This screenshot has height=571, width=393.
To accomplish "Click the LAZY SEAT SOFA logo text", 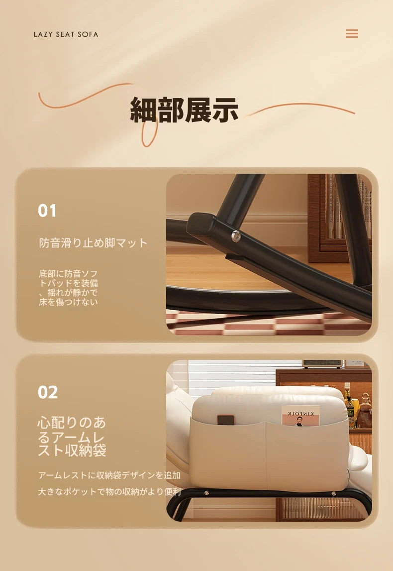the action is (x=66, y=34).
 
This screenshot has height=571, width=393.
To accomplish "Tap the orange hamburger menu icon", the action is (x=352, y=33).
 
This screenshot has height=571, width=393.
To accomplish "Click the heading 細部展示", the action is (x=184, y=110).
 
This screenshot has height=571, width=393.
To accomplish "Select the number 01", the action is (x=47, y=211).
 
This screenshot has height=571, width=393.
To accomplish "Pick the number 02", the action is (x=48, y=392).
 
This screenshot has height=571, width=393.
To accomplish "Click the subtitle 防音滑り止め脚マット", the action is (x=93, y=243).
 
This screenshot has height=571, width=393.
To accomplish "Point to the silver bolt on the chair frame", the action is (x=236, y=236).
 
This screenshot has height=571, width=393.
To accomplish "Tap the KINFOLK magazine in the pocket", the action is (x=300, y=416).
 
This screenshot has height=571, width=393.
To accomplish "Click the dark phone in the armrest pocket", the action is (x=225, y=420).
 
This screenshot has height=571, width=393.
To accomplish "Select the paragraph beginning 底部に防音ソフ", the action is (x=69, y=288).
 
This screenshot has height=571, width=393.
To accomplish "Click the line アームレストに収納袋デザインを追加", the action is (x=109, y=475).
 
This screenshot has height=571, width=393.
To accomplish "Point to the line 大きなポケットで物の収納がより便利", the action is (x=109, y=492).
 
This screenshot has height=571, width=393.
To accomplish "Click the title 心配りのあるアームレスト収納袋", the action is (x=72, y=436).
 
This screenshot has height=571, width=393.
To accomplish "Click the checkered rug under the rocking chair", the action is (x=269, y=324).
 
